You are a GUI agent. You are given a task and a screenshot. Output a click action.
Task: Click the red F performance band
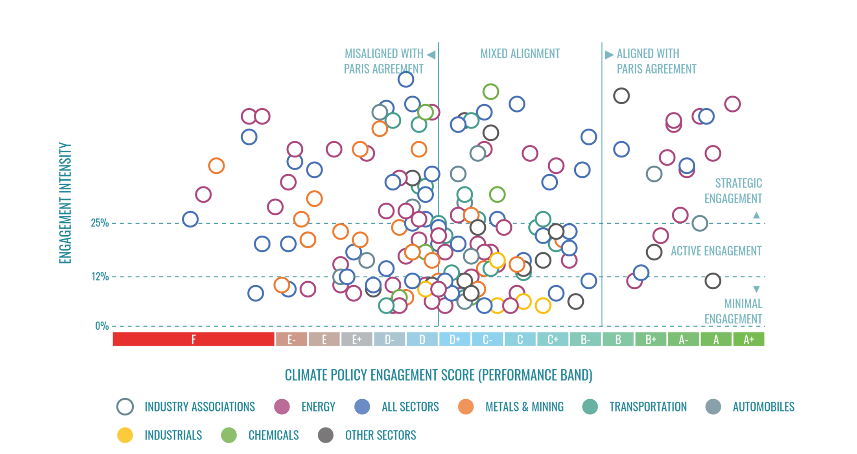pyautogui.click(x=193, y=339)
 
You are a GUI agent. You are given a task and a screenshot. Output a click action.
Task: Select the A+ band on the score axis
pyautogui.click(x=748, y=339)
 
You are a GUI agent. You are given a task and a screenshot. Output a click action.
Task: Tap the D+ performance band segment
pyautogui.click(x=455, y=339)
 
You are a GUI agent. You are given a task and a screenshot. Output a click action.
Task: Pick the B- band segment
pyautogui.click(x=585, y=339)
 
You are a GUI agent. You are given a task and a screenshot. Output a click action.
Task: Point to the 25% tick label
pyautogui.click(x=100, y=223)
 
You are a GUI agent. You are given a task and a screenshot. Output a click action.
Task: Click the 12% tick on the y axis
pyautogui.click(x=100, y=277)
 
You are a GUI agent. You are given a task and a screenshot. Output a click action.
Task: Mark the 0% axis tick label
pyautogui.click(x=102, y=326)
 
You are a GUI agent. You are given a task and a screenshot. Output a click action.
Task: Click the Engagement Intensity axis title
pyautogui.click(x=65, y=203)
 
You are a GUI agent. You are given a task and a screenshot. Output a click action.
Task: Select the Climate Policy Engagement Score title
pyautogui.click(x=438, y=375)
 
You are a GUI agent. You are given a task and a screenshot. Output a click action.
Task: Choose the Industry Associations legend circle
pyautogui.click(x=125, y=406)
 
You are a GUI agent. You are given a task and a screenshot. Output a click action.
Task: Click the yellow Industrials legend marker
pyautogui.click(x=125, y=435)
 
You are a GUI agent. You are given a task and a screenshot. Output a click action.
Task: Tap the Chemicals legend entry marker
pyautogui.click(x=229, y=435)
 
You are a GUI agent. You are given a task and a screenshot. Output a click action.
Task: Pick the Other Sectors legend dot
pyautogui.click(x=326, y=435)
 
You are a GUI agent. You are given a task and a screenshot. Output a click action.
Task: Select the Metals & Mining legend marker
pyautogui.click(x=466, y=406)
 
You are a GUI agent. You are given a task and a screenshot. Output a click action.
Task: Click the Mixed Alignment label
pyautogui.click(x=520, y=54)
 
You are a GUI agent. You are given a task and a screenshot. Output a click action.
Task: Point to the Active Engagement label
pyautogui.click(x=716, y=251)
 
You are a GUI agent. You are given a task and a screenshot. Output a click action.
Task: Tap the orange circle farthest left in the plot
pyautogui.click(x=216, y=166)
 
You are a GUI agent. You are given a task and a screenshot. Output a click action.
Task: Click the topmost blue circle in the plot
pyautogui.click(x=405, y=79)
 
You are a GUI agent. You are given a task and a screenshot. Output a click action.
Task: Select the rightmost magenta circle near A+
pyautogui.click(x=732, y=104)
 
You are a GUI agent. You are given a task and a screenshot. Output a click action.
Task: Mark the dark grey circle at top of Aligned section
pyautogui.click(x=621, y=96)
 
